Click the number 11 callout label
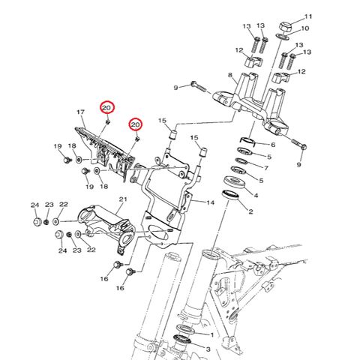point(307,16)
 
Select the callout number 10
point(304,29)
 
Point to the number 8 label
point(230,76)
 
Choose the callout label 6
point(272,145)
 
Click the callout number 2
point(250,212)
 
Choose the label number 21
point(123,199)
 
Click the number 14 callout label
point(211,202)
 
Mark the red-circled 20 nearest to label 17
point(107,108)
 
